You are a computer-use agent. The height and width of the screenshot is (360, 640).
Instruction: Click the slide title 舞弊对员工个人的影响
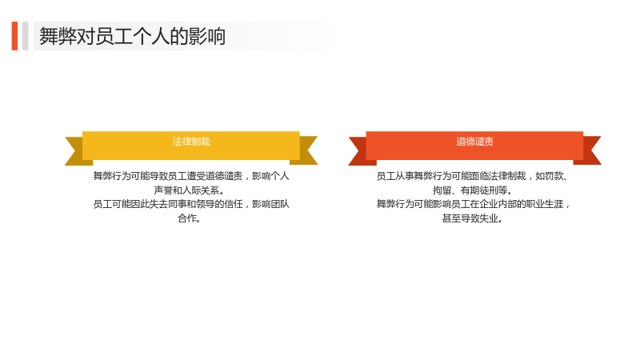[132, 36]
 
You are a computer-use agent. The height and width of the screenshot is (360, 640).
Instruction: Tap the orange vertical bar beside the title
[14, 36]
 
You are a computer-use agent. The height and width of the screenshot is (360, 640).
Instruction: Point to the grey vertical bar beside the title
[26, 36]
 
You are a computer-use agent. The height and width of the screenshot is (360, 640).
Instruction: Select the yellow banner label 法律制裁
[191, 142]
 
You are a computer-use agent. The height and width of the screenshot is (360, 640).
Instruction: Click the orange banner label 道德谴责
[474, 142]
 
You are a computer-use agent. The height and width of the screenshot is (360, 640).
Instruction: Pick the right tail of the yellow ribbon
[305, 150]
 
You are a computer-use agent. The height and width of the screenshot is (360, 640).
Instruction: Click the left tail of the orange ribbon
[359, 151]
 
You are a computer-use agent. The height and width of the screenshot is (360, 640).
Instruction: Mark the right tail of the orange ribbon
[589, 150]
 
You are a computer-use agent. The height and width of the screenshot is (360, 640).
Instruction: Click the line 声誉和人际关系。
[189, 190]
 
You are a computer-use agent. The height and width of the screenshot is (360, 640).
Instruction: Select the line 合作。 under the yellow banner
[189, 218]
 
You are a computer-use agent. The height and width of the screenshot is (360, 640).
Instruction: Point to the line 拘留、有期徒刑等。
[473, 190]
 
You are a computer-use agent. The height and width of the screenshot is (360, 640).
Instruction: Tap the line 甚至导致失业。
[473, 218]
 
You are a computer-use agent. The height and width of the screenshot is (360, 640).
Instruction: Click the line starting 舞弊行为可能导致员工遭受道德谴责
[191, 176]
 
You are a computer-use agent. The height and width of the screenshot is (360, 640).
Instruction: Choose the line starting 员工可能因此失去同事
[191, 204]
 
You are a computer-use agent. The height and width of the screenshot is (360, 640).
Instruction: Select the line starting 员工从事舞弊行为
[473, 176]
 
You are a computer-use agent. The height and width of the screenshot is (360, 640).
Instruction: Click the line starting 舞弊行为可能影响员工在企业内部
[473, 204]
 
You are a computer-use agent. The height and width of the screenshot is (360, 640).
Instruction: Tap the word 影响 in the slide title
[207, 36]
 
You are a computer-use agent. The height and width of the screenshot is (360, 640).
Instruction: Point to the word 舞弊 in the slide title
[58, 36]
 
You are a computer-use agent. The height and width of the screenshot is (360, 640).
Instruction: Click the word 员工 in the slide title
[114, 36]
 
